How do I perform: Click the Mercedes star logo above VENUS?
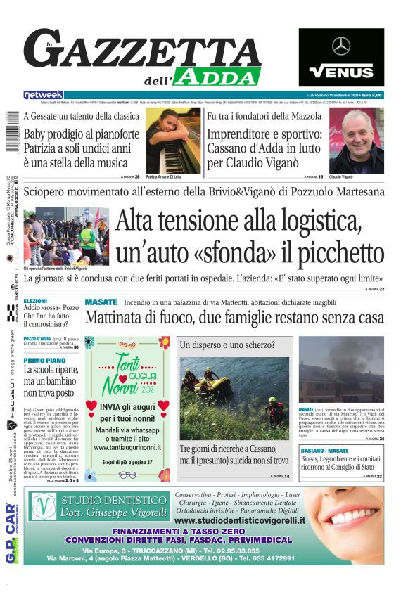click(341, 47)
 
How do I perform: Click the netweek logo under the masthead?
click(44, 95)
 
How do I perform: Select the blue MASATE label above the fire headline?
click(101, 302)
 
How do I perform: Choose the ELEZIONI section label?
click(36, 300)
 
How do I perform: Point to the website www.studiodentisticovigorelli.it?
click(239, 520)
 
